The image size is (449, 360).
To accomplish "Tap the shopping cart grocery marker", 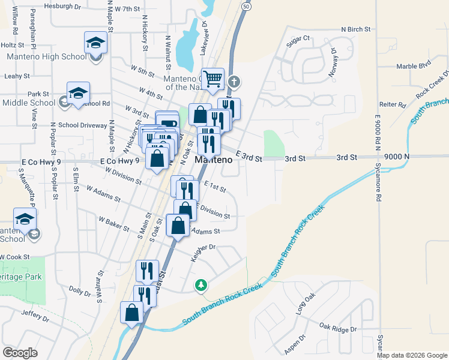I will (x=212, y=79).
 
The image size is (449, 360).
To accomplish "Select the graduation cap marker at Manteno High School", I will (x=95, y=43).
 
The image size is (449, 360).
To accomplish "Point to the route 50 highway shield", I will (x=247, y=5).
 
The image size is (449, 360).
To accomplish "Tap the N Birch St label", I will (x=357, y=29).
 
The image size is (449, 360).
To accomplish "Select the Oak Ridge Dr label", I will (x=338, y=329).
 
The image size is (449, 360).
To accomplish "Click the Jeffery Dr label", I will (x=34, y=313).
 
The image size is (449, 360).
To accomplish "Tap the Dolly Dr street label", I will (x=79, y=290).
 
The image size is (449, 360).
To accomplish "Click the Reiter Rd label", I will (x=393, y=104).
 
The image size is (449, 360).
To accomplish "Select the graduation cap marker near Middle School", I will (x=78, y=93).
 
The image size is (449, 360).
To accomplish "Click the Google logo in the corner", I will (x=20, y=352).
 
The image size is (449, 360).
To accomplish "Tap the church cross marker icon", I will (x=234, y=82).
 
